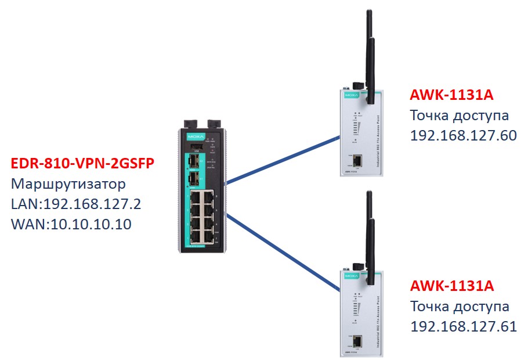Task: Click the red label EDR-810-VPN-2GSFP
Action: (82, 164)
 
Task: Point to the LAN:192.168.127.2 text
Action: (75, 204)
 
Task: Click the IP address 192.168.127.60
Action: (463, 135)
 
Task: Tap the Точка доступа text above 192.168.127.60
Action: (460, 115)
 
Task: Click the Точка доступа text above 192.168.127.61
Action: (460, 306)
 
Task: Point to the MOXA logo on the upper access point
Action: (349, 93)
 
